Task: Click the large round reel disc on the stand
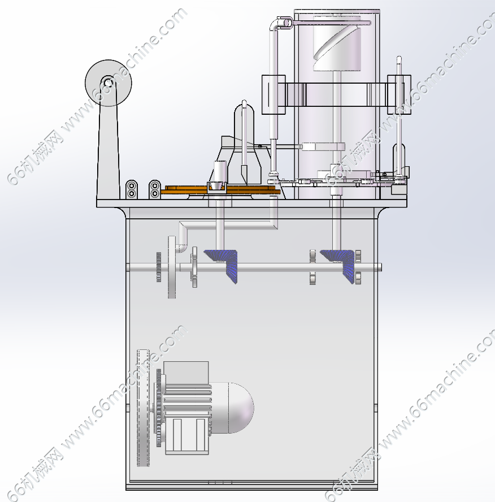[x=96, y=73]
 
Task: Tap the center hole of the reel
[x=108, y=83]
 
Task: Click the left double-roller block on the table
[x=132, y=189]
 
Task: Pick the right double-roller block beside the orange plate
[x=155, y=189]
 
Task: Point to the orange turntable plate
[x=221, y=189]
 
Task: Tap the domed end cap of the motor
[x=241, y=408]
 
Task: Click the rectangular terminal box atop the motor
[x=186, y=372]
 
